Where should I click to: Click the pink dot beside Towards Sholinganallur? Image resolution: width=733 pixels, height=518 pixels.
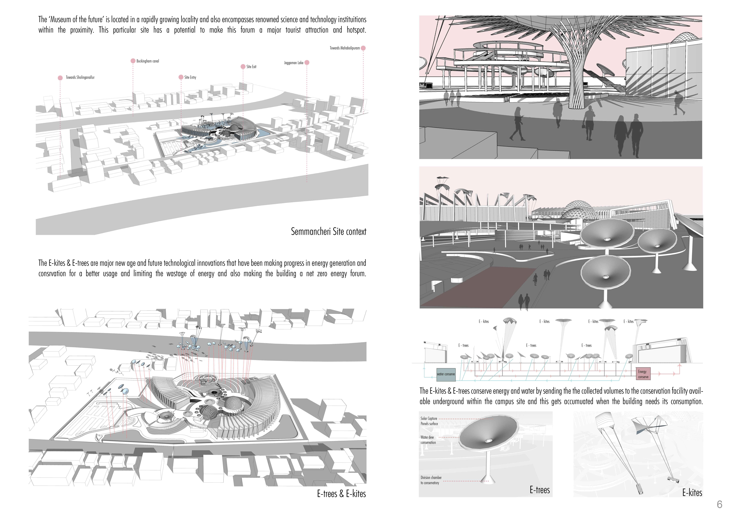[x=60, y=78]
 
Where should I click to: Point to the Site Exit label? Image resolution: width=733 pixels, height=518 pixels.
[x=251, y=67]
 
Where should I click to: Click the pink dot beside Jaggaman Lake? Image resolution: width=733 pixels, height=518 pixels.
[x=307, y=63]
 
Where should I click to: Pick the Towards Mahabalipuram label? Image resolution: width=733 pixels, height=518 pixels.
[x=345, y=48]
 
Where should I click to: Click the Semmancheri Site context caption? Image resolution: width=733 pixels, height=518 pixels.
[x=328, y=231]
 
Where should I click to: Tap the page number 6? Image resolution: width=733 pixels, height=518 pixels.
[x=719, y=504]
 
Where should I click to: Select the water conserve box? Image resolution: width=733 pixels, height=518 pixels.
[x=446, y=374]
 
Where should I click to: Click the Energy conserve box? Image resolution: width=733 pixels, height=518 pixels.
[x=643, y=374]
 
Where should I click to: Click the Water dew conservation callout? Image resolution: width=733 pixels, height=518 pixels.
[x=428, y=440]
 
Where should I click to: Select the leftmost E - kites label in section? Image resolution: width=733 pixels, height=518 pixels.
[x=484, y=321]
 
